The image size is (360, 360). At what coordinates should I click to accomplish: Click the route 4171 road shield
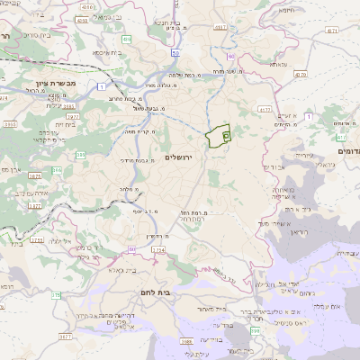(x=332, y=31)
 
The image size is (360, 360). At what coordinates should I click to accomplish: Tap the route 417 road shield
(x=265, y=109)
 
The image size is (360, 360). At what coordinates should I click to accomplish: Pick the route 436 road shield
(x=126, y=40)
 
